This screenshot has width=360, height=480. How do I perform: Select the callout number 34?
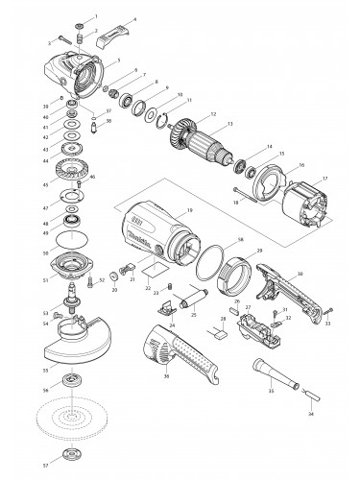click(309, 414)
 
